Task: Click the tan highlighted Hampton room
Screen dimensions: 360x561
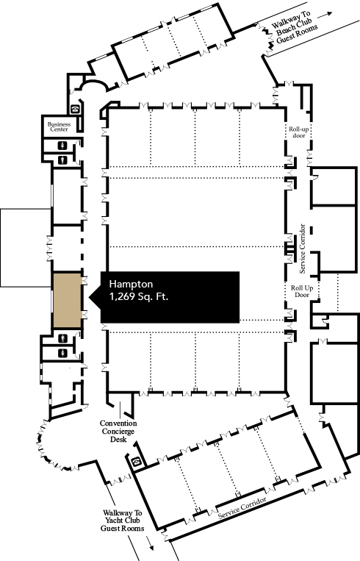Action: [67, 300]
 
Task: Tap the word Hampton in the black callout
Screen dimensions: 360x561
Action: [131, 284]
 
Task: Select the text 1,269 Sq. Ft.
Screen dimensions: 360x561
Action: [139, 296]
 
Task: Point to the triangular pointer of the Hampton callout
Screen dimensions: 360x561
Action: [94, 297]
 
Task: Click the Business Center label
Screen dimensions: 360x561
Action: [59, 126]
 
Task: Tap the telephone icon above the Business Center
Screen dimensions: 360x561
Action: [75, 109]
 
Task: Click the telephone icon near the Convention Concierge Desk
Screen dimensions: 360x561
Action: [136, 462]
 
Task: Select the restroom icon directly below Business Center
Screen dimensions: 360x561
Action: [63, 146]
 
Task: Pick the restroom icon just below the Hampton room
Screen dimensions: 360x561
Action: [63, 337]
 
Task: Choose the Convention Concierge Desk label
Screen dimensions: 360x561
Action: [118, 431]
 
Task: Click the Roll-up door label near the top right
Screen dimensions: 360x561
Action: [299, 132]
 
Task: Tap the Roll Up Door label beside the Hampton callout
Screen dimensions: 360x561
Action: [302, 291]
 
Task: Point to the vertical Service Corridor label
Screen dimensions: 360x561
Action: [303, 249]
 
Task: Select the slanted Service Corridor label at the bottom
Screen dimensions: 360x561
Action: [242, 507]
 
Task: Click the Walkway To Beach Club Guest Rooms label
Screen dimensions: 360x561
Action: [293, 27]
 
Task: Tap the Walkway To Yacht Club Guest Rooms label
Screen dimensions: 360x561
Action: [122, 521]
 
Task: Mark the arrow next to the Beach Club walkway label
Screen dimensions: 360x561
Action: [325, 15]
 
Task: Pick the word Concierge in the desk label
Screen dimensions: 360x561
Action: [118, 432]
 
